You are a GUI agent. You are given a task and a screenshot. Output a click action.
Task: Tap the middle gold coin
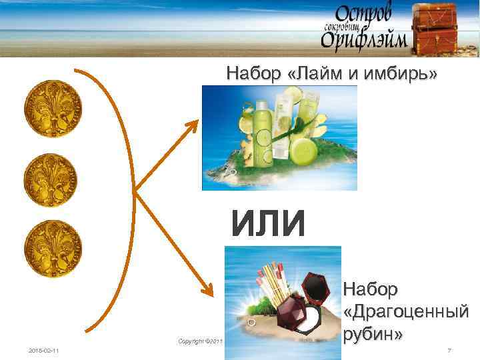pos(51,180)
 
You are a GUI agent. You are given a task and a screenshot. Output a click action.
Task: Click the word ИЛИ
pos(268,223)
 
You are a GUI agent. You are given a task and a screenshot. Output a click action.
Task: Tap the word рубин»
pos(373,332)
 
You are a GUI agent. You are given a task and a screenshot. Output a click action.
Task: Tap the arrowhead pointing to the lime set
pos(195,124)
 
